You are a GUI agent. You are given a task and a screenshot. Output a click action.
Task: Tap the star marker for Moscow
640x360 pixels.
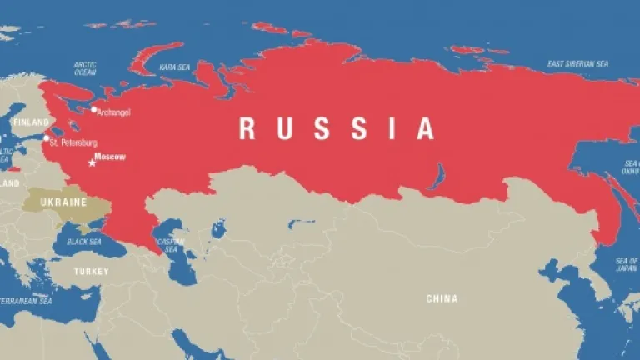click(92, 162)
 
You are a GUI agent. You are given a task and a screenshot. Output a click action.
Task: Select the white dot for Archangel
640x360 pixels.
click(94, 109)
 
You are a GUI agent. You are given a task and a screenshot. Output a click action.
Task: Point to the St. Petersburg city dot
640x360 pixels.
click(46, 137)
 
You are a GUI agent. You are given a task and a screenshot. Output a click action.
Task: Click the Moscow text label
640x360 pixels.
click(109, 156)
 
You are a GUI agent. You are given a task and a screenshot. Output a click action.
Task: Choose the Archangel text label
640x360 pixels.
click(114, 112)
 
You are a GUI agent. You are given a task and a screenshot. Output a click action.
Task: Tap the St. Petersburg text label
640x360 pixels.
click(73, 143)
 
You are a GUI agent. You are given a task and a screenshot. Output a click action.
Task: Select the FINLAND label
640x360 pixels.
click(30, 122)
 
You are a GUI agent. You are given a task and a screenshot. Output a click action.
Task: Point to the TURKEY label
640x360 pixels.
click(91, 272)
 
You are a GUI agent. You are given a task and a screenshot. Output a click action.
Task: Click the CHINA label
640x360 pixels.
click(442, 298)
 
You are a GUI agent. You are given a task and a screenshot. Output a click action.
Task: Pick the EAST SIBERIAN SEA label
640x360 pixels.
click(577, 64)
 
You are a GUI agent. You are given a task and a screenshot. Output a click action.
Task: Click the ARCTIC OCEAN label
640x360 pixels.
click(85, 68)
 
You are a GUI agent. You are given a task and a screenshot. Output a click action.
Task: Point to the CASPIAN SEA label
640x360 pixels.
click(171, 246)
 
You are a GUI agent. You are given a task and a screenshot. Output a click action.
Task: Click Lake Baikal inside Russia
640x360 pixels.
click(436, 176)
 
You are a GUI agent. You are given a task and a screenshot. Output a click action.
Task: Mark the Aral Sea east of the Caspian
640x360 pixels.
click(218, 227)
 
